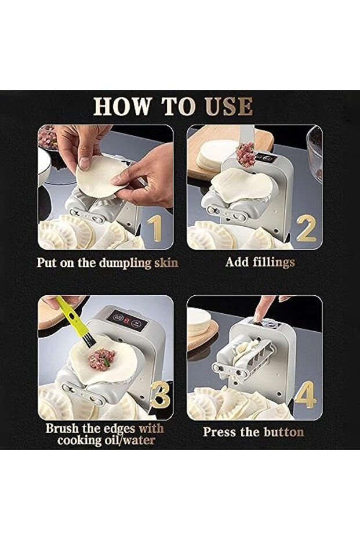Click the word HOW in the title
pyautogui.click(x=123, y=106)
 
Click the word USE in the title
pyautogui.click(x=229, y=106)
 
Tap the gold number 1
pyautogui.click(x=155, y=229)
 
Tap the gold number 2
pyautogui.click(x=306, y=228)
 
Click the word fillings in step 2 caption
pyautogui.click(x=274, y=262)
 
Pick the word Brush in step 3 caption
pyautogui.click(x=62, y=429)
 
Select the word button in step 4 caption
pyautogui.click(x=284, y=432)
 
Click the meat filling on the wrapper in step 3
pyautogui.click(x=101, y=359)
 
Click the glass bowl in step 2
pyautogui.click(x=315, y=152)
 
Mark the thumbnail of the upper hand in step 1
pyautogui.click(x=84, y=163)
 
